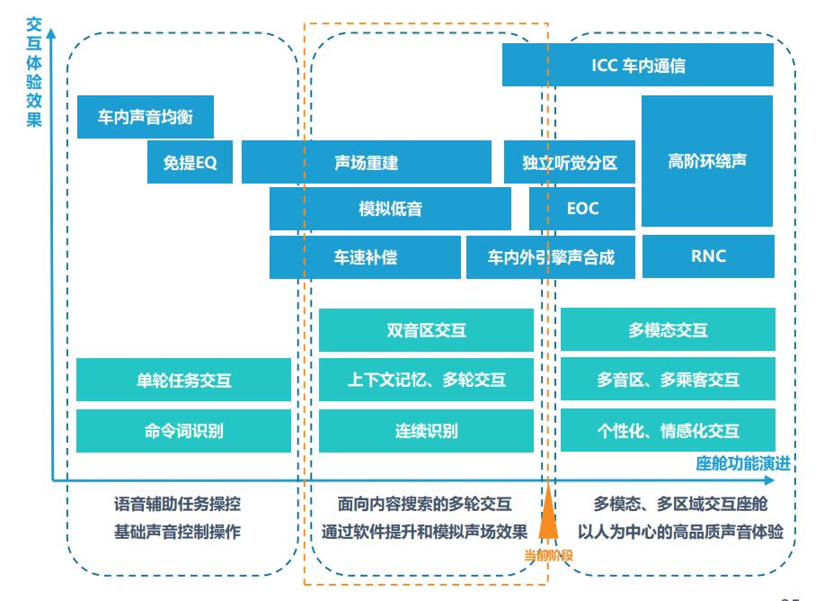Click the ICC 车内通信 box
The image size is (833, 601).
(638, 65)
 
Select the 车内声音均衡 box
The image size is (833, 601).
(145, 117)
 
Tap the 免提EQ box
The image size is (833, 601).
(190, 163)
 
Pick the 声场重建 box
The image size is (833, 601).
(366, 163)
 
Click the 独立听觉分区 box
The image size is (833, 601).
(570, 163)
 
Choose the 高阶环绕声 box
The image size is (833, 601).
(707, 161)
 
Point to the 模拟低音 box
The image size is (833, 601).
(390, 209)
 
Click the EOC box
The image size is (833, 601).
(582, 209)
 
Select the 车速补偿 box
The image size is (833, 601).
(365, 257)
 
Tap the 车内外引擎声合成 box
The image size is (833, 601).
(550, 257)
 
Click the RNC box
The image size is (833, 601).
(707, 256)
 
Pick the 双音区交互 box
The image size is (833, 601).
(426, 330)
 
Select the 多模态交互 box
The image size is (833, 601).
(668, 330)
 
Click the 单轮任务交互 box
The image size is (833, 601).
(183, 380)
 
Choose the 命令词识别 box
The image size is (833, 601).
(183, 431)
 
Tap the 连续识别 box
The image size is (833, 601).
(426, 431)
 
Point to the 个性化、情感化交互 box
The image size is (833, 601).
(668, 431)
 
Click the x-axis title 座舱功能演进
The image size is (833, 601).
(743, 464)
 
